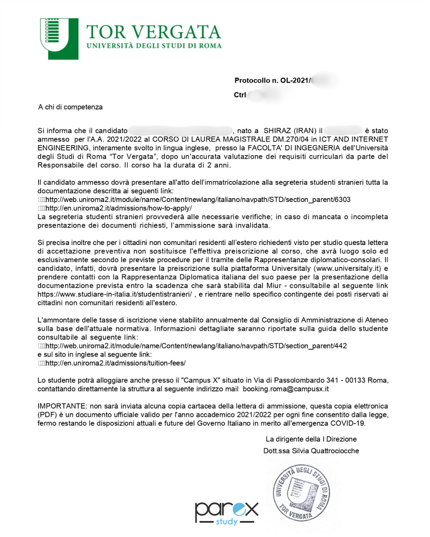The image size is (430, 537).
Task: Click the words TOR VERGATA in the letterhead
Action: point(153,32)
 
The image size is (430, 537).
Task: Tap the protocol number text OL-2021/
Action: point(295,80)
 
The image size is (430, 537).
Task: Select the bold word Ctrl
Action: point(240,95)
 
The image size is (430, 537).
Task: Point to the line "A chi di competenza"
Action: point(70,107)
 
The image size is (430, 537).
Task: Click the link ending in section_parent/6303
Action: point(198,199)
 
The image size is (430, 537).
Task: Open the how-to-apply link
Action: point(119,208)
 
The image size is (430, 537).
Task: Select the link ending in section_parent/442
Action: point(196,346)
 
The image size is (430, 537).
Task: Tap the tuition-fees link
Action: point(115,363)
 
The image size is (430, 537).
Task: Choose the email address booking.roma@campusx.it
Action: point(285,389)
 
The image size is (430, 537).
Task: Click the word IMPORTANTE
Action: point(62,406)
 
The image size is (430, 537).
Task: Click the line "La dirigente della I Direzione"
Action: point(311,439)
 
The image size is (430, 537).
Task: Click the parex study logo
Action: point(226,513)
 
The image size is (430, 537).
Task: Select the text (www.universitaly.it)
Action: point(348,268)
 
